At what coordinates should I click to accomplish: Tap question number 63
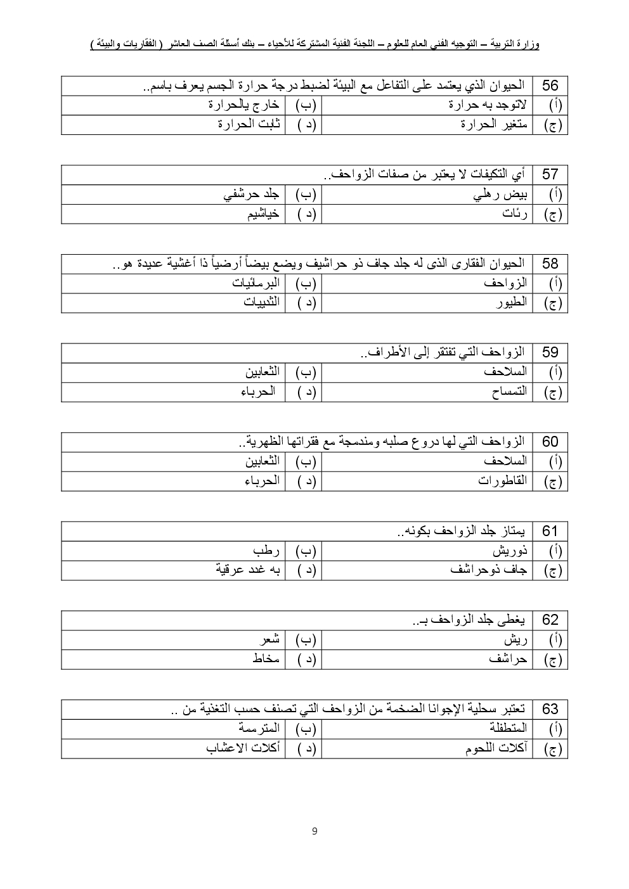coord(550,710)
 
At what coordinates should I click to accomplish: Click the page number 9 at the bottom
coord(314,831)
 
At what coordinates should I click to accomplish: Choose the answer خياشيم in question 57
coord(263,214)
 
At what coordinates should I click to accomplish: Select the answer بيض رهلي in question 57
coord(501,195)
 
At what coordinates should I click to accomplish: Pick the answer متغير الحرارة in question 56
coord(494,125)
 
